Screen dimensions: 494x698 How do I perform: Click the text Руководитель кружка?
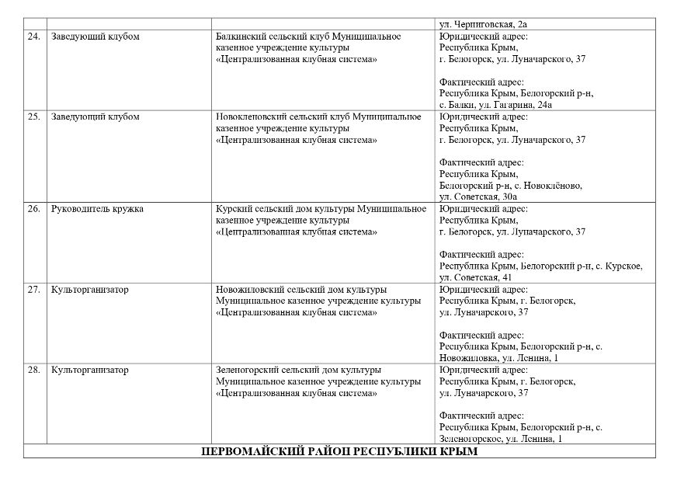[97, 209]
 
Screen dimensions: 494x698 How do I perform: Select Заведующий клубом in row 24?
[95, 37]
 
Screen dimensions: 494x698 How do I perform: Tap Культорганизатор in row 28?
[89, 370]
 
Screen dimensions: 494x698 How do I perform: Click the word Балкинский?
[241, 37]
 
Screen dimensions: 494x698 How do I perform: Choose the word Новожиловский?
[249, 289]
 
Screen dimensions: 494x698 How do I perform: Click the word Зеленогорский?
[247, 370]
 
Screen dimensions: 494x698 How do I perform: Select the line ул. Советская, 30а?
[477, 197]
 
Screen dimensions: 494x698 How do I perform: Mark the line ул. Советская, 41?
[475, 277]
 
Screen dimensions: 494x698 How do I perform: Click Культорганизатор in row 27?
[89, 289]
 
